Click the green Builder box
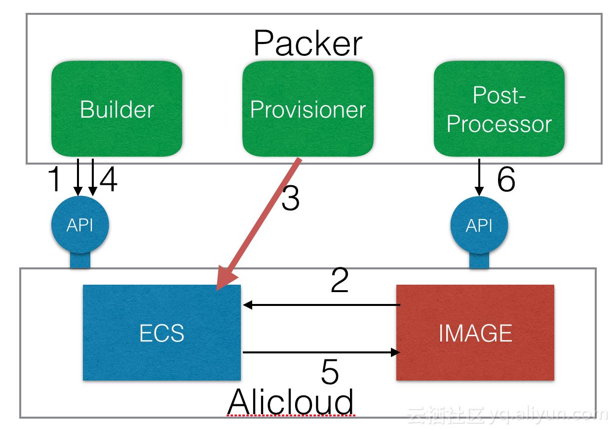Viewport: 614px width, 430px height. tap(117, 109)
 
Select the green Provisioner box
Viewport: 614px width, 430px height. tap(308, 109)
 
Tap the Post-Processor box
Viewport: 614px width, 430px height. tap(499, 109)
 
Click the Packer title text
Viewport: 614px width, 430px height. tap(307, 43)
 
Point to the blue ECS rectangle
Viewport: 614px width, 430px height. tap(162, 333)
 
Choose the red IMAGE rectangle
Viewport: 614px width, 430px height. tap(475, 333)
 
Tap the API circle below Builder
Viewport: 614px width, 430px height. tap(80, 225)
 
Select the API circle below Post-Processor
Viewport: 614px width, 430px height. tap(479, 225)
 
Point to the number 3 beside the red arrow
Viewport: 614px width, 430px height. tap(291, 198)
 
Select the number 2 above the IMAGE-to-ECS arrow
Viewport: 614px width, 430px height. tap(340, 280)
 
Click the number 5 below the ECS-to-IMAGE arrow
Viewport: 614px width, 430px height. tap(330, 372)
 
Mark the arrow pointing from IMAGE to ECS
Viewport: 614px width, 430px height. tap(321, 305)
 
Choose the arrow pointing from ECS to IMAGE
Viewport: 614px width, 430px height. tap(321, 352)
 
